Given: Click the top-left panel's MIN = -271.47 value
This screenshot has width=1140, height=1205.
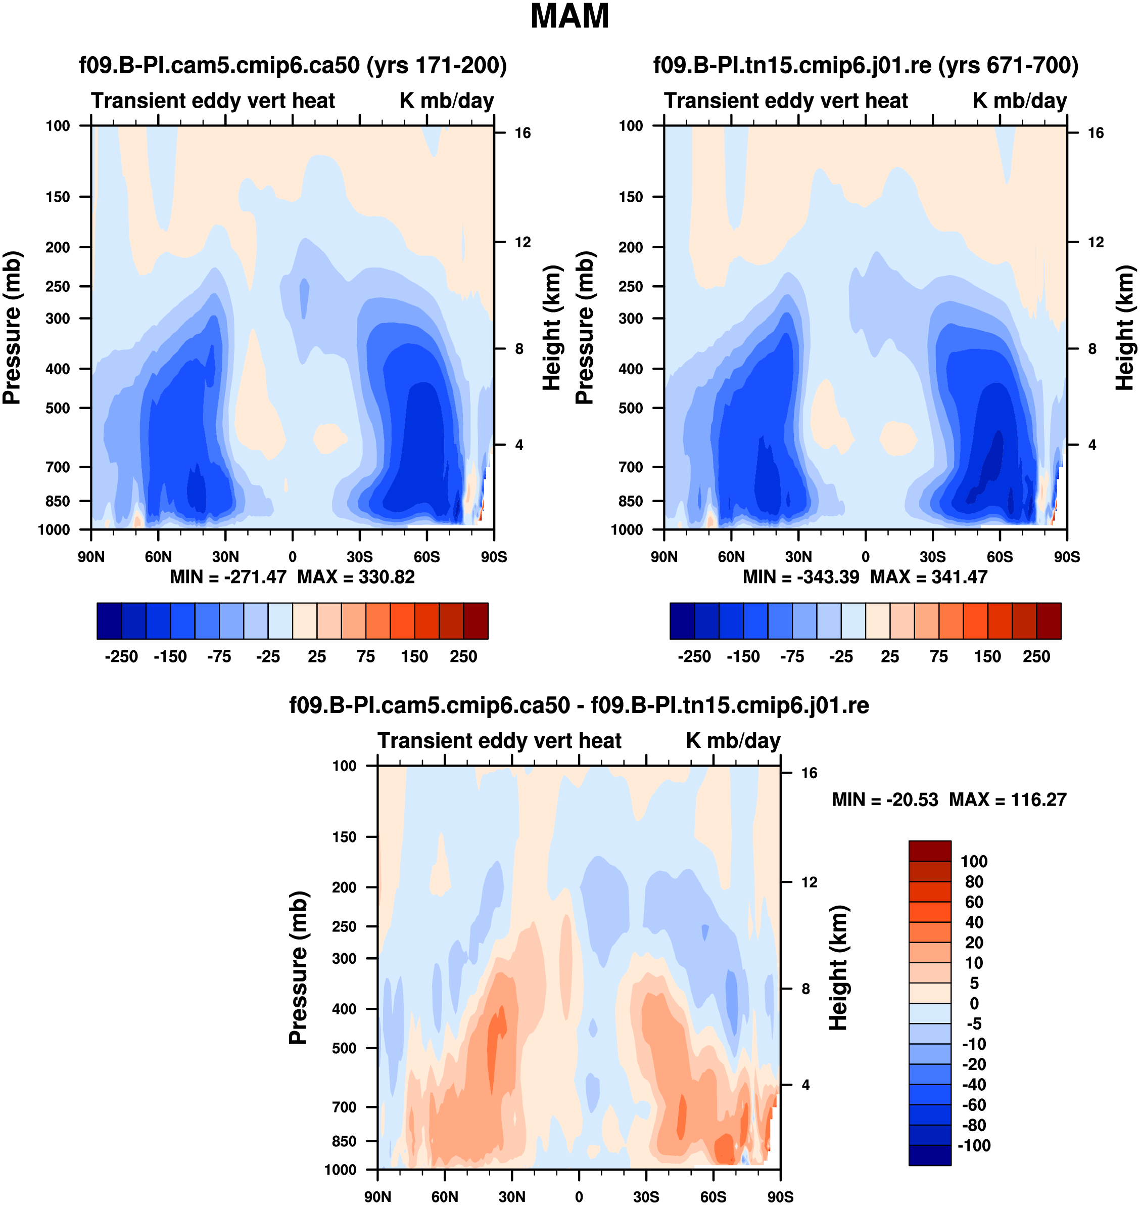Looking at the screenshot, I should (x=228, y=577).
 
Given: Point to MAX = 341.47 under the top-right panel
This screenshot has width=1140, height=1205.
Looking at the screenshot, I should (x=929, y=577).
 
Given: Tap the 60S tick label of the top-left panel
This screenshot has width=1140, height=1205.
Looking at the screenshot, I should (x=426, y=557).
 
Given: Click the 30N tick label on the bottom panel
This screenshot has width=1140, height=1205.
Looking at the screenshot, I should (x=512, y=1196).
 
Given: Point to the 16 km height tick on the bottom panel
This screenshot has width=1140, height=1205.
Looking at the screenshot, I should (x=809, y=773).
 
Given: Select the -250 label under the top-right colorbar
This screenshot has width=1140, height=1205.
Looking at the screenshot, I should (x=694, y=657).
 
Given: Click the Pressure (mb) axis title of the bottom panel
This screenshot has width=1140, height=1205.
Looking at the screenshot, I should (x=298, y=968).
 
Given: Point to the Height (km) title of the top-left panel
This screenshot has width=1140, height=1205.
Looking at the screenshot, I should (x=551, y=328).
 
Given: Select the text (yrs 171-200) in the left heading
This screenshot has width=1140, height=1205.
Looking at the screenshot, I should (x=436, y=65).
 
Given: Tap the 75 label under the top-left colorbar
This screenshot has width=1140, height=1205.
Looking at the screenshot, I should (x=366, y=657).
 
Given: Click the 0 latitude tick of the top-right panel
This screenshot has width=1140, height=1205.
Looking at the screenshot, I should (x=865, y=557).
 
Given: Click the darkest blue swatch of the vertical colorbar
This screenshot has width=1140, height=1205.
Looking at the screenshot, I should (x=930, y=1155).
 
